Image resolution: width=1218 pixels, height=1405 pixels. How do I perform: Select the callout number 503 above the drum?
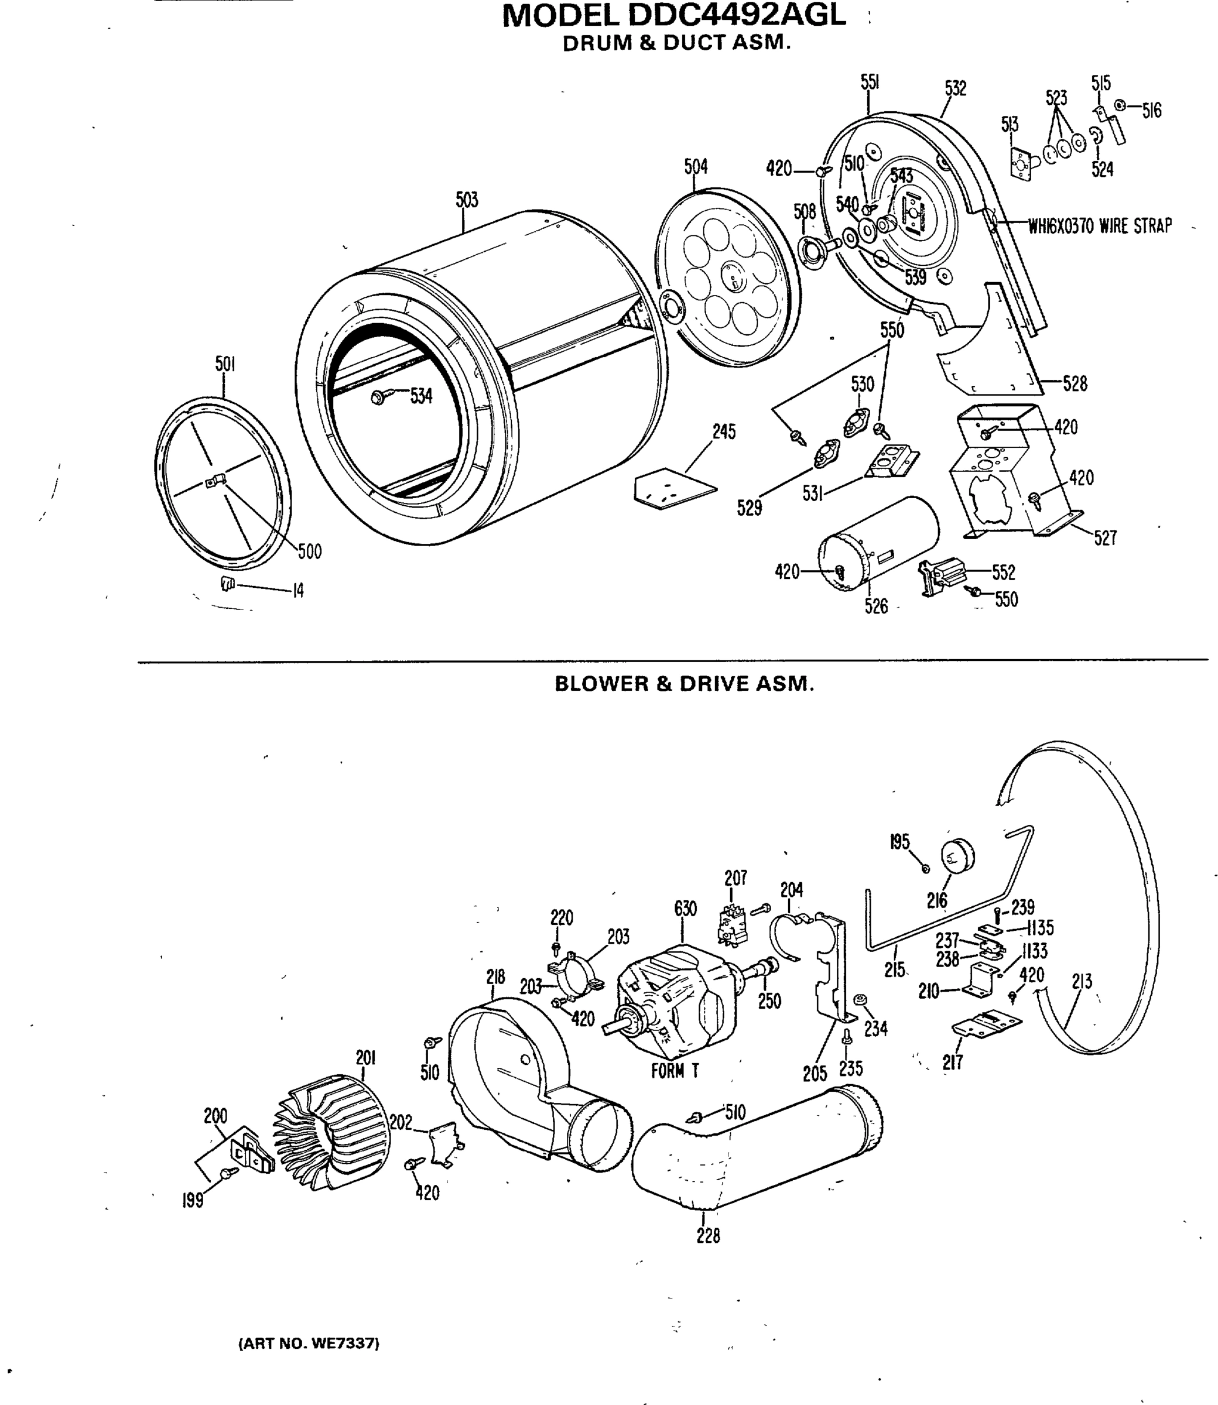pyautogui.click(x=466, y=200)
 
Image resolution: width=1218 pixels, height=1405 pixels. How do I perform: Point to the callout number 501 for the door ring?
pyautogui.click(x=225, y=364)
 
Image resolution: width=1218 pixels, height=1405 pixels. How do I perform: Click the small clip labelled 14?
pyautogui.click(x=228, y=583)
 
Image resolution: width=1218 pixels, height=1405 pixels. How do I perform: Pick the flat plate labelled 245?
pyautogui.click(x=673, y=488)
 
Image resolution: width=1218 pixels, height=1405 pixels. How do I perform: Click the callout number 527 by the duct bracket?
pyautogui.click(x=1104, y=538)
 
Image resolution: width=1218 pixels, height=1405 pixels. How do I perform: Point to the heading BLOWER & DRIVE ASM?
pyautogui.click(x=684, y=684)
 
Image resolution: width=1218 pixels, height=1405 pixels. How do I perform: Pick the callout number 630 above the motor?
pyautogui.click(x=685, y=909)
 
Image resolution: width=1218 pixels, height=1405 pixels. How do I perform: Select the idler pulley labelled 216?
pyautogui.click(x=957, y=855)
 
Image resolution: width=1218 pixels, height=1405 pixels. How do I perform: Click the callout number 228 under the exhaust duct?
pyautogui.click(x=707, y=1235)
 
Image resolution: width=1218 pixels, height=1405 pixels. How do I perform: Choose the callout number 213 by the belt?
pyautogui.click(x=1082, y=981)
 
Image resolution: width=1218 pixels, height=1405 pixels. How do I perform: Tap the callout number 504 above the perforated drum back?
pyautogui.click(x=695, y=166)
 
